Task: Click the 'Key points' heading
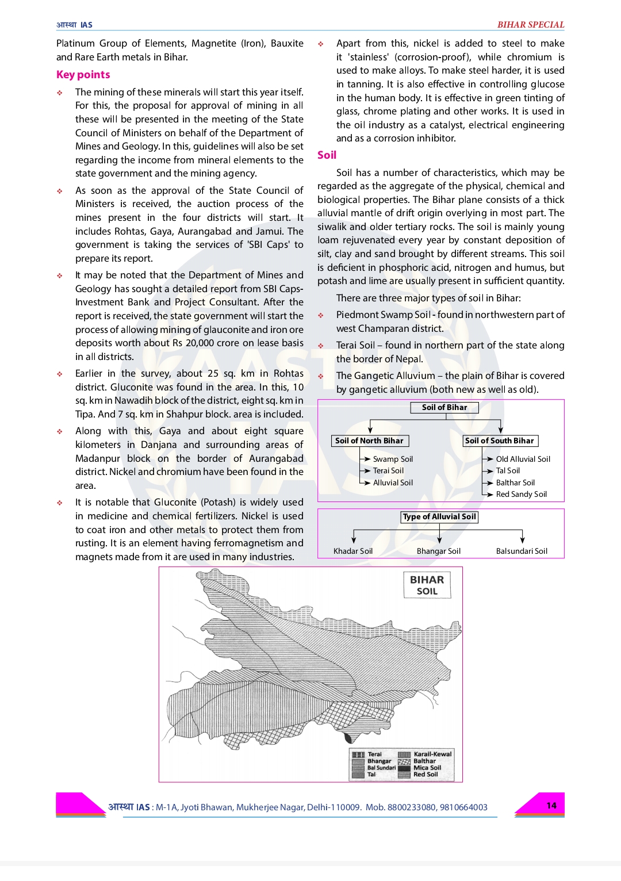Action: tap(83, 75)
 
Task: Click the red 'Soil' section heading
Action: tap(327, 155)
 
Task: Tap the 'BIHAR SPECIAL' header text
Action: tap(530, 25)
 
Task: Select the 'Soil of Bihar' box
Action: tap(444, 408)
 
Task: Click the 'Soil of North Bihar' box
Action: tap(369, 441)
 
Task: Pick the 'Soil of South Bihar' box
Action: tap(500, 441)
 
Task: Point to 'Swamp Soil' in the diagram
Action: tap(393, 459)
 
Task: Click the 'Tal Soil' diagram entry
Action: tap(508, 470)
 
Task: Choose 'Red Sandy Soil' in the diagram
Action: tap(521, 494)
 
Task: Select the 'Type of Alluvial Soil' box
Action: tap(439, 517)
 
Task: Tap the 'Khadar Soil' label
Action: tap(353, 551)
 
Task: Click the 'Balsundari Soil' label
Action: tap(522, 551)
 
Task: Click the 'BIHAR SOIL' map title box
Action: tap(427, 585)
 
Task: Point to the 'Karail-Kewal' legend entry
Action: tap(432, 754)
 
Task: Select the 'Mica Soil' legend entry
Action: tap(427, 768)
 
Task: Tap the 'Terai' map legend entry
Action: tap(374, 754)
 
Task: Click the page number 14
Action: tap(551, 806)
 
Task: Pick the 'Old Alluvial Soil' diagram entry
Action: tap(523, 459)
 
